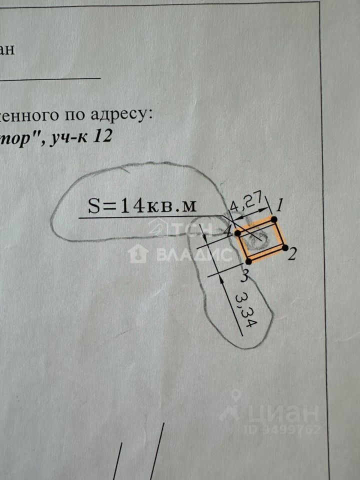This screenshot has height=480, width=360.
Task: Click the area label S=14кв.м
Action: (141, 206)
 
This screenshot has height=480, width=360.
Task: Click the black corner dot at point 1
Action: (274, 219)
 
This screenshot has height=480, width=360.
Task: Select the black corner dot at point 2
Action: (285, 247)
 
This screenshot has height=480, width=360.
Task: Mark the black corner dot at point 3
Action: (248, 261)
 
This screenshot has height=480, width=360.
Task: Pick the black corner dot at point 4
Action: (238, 233)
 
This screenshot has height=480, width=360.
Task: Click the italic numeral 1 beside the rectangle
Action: (280, 204)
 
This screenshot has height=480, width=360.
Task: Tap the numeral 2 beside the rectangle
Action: (293, 254)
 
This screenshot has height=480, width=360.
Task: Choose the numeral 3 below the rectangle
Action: (244, 274)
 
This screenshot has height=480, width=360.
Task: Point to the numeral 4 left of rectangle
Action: (227, 232)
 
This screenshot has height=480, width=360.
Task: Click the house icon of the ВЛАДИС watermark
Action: (137, 254)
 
